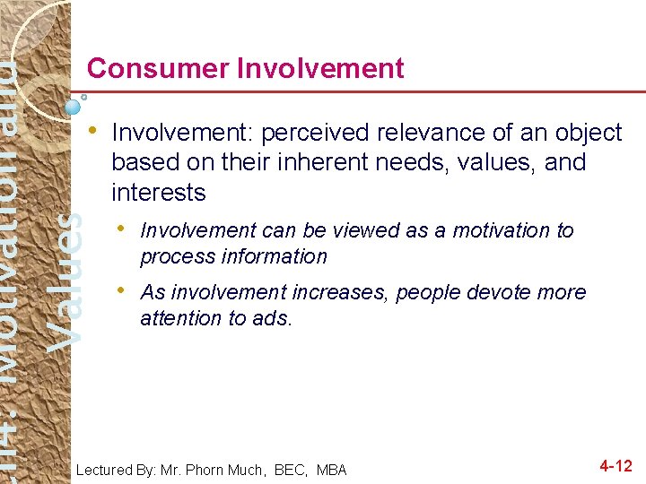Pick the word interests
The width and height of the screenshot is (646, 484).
coord(158,193)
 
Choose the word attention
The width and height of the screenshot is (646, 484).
coord(175,318)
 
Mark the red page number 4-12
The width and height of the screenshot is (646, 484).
coord(615,466)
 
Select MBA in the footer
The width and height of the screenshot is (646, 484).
coord(329,470)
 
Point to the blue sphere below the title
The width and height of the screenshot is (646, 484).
coord(74,106)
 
